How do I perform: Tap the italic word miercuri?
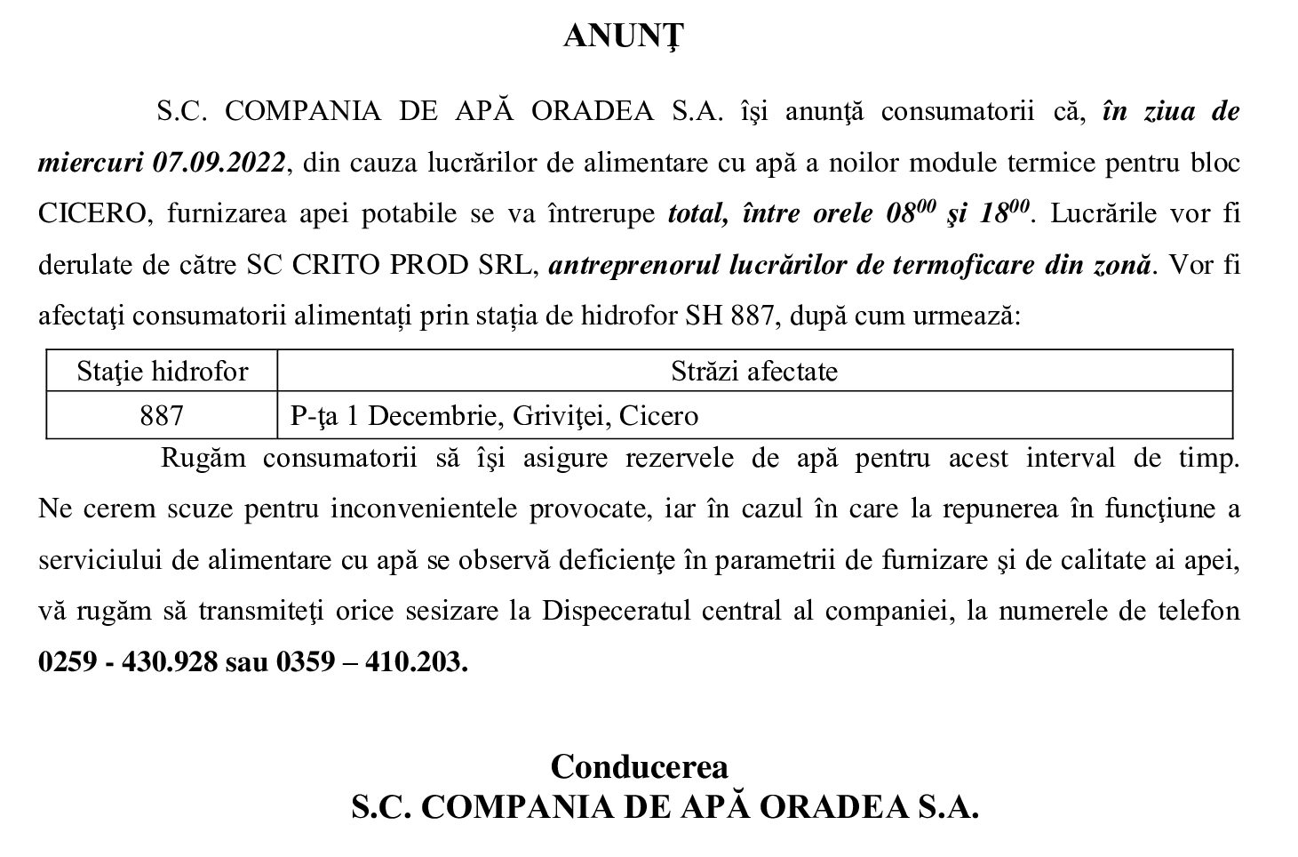(92, 164)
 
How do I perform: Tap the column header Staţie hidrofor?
(162, 371)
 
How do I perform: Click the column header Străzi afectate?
(753, 371)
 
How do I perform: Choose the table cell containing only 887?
(162, 415)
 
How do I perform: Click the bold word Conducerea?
(639, 766)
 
